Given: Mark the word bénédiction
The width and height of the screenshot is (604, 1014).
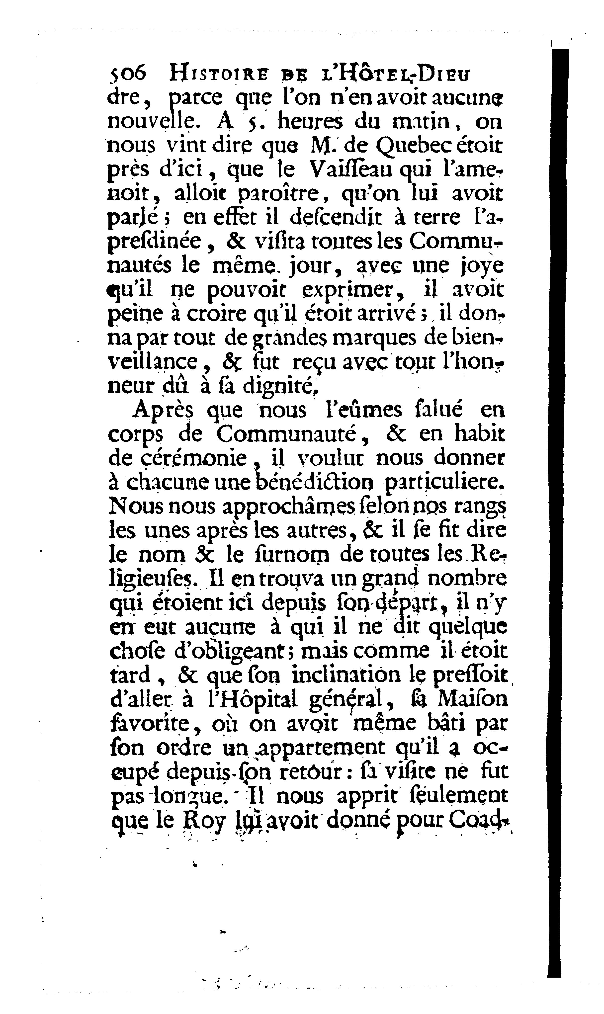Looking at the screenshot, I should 318,483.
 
